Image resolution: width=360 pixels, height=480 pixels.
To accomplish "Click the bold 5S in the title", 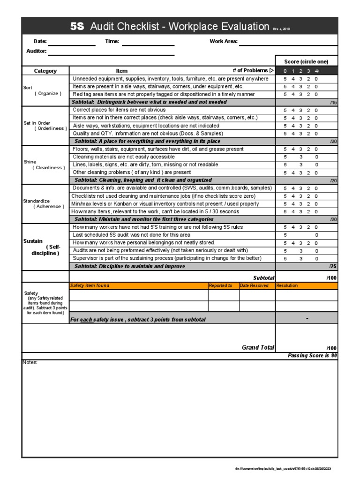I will coord(77,27).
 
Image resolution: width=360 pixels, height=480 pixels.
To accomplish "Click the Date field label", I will coord(40,42).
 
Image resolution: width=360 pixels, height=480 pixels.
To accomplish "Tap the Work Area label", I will coord(224,42).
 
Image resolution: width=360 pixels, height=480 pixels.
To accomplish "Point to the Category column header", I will coord(45,71).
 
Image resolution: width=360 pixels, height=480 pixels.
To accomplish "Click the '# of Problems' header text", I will coord(250,71).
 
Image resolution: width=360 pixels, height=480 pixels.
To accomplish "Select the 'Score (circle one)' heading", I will coord(306,62).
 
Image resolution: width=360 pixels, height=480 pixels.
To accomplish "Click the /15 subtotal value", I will coord(333,102).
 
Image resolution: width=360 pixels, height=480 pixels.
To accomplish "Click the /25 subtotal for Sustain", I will coord(333,266).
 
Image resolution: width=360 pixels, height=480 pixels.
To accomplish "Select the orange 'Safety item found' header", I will coord(90,285).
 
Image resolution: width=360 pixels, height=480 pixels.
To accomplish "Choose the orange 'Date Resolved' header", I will coord(254,285).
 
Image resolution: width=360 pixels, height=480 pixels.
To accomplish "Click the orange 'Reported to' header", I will coord(220,285).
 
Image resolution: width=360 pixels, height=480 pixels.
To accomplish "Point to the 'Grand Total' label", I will coord(258,347).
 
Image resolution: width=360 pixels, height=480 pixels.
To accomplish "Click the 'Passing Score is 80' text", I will coord(312,356).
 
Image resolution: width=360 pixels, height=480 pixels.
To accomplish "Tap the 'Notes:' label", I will coord(30,363).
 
